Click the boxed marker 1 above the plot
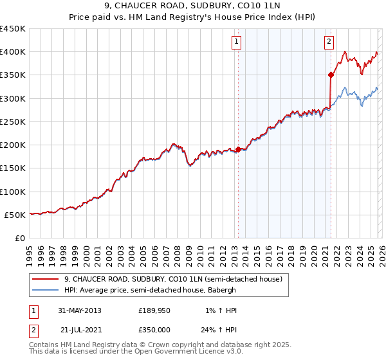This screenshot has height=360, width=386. (237, 42)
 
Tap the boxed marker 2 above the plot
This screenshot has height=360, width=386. (329, 42)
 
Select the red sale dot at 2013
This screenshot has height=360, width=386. (238, 149)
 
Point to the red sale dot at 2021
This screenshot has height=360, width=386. (331, 75)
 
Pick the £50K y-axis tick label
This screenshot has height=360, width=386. (15, 215)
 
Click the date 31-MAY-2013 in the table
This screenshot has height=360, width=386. (80, 310)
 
